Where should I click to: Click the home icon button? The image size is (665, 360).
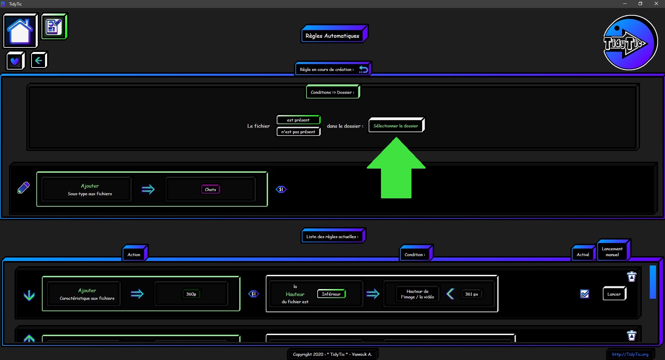(20, 31)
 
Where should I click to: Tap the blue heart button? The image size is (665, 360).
(15, 61)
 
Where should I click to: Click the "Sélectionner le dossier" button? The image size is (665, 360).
(396, 126)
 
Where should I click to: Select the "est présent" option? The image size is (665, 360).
(298, 120)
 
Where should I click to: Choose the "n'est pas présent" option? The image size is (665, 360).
(298, 132)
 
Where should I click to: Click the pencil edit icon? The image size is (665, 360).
(24, 188)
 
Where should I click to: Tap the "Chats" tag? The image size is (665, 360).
(211, 189)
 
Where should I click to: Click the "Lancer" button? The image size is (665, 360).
(614, 294)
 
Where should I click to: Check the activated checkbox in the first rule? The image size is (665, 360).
(585, 294)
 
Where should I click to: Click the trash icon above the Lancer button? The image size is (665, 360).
(632, 277)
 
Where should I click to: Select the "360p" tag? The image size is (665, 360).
(191, 294)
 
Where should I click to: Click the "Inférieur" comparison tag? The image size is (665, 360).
(331, 294)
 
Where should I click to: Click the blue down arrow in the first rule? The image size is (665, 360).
(29, 295)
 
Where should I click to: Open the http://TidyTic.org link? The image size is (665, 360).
(630, 354)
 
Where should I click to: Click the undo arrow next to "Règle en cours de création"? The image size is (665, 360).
(363, 69)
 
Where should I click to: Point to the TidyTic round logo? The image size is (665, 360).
(630, 43)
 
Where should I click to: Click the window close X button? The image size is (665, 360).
(656, 4)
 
